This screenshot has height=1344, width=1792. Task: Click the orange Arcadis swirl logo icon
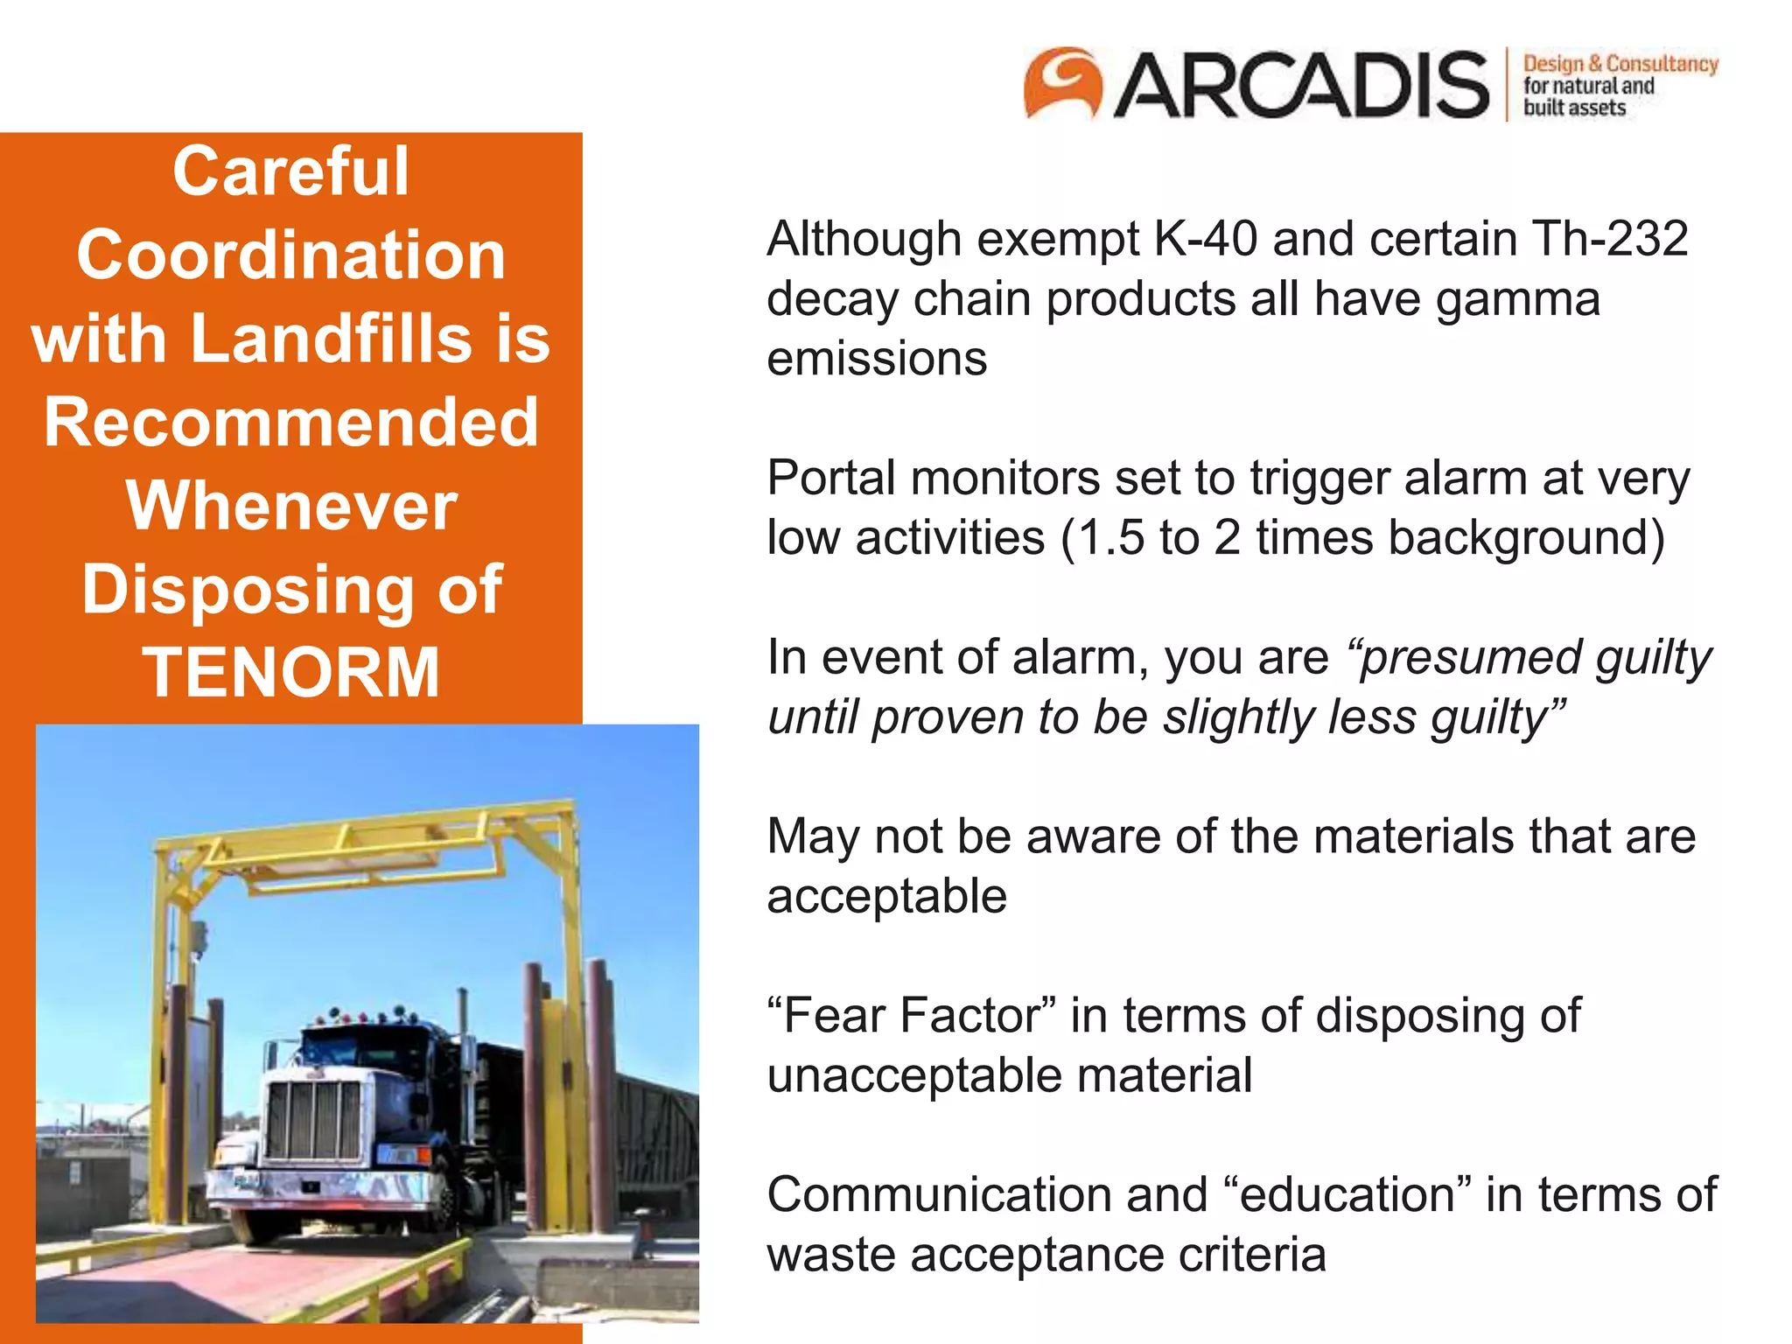pos(1062,82)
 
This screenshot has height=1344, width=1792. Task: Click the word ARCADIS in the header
pos(1300,86)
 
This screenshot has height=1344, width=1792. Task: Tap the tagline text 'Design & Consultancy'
pos(1620,64)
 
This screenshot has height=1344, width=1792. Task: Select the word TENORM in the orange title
pos(291,672)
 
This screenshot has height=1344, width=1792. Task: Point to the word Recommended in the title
pos(291,422)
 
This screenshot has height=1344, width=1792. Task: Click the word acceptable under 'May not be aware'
pos(886,897)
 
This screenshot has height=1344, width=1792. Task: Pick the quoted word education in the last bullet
pos(1347,1195)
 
